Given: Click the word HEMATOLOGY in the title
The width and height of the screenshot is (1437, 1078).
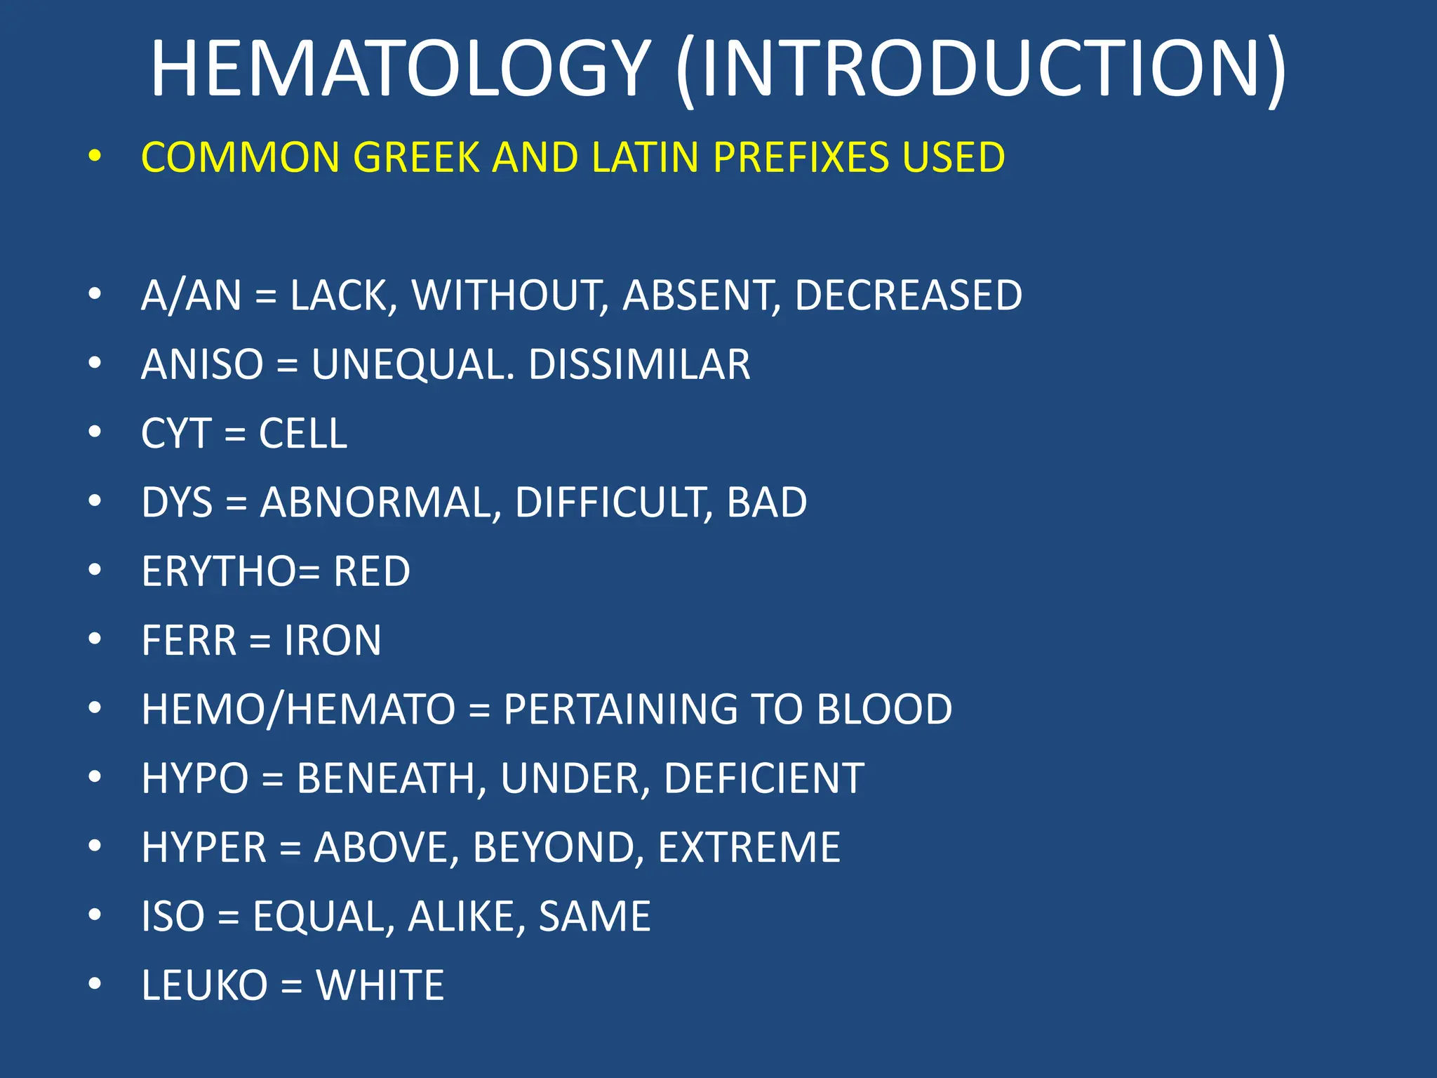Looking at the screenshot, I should [x=401, y=68].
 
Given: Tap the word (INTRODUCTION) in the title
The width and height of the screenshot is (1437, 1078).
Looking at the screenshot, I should [x=981, y=68].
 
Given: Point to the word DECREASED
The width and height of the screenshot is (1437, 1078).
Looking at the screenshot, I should [x=909, y=295].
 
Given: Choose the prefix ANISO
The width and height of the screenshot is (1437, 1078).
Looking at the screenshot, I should [x=202, y=364].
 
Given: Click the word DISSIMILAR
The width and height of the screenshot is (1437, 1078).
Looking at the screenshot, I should [x=639, y=364].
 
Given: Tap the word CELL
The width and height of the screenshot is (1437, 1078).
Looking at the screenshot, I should [x=303, y=433].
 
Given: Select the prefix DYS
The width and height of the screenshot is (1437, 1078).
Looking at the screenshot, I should [x=177, y=503].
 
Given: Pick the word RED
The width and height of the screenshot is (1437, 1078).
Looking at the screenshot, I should [x=372, y=571].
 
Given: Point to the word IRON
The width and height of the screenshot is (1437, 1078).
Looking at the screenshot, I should [x=333, y=640].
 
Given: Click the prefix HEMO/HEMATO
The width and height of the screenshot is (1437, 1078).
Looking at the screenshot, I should [x=298, y=709].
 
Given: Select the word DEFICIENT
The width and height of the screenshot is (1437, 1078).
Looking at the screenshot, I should [x=764, y=778].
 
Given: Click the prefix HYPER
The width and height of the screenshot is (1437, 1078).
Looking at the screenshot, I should [x=204, y=847].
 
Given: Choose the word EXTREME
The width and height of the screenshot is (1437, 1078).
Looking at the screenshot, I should [x=749, y=847].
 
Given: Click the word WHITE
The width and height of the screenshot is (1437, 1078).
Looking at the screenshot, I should [x=380, y=985].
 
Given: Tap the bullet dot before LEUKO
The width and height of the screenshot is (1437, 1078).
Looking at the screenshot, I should [x=95, y=984].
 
